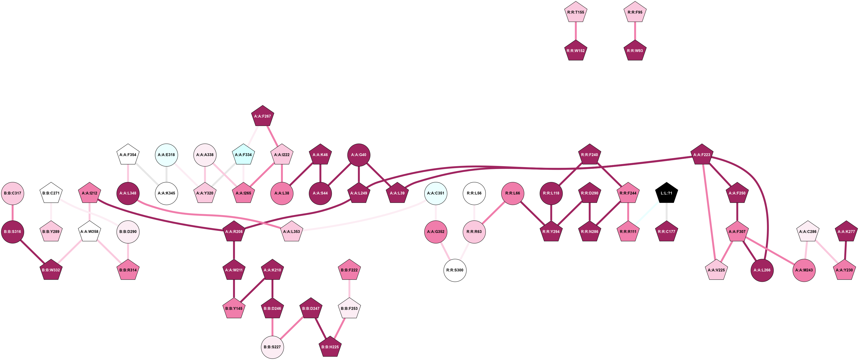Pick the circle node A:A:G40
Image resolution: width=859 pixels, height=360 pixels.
(359, 155)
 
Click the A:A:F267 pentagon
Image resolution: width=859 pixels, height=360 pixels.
(263, 116)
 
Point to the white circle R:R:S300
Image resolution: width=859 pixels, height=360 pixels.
(455, 270)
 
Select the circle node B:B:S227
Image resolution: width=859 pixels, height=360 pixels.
(272, 347)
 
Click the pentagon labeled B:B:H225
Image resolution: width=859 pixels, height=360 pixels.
(330, 347)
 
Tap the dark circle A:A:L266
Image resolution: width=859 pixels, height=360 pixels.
(762, 270)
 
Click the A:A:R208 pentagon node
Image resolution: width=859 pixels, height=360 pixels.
(234, 232)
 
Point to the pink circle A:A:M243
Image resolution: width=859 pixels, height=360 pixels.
(804, 270)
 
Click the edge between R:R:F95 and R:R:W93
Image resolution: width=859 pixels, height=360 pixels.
(635, 31)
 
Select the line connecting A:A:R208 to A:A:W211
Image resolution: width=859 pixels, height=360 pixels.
(234, 251)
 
